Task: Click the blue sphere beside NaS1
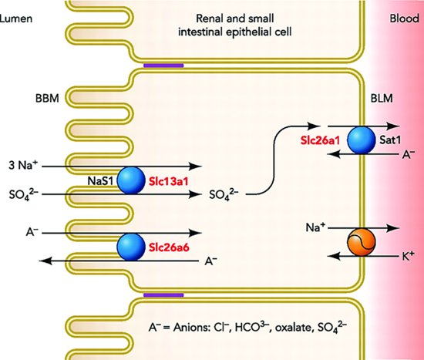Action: click(x=131, y=179)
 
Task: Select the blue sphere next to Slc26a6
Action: click(x=131, y=247)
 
